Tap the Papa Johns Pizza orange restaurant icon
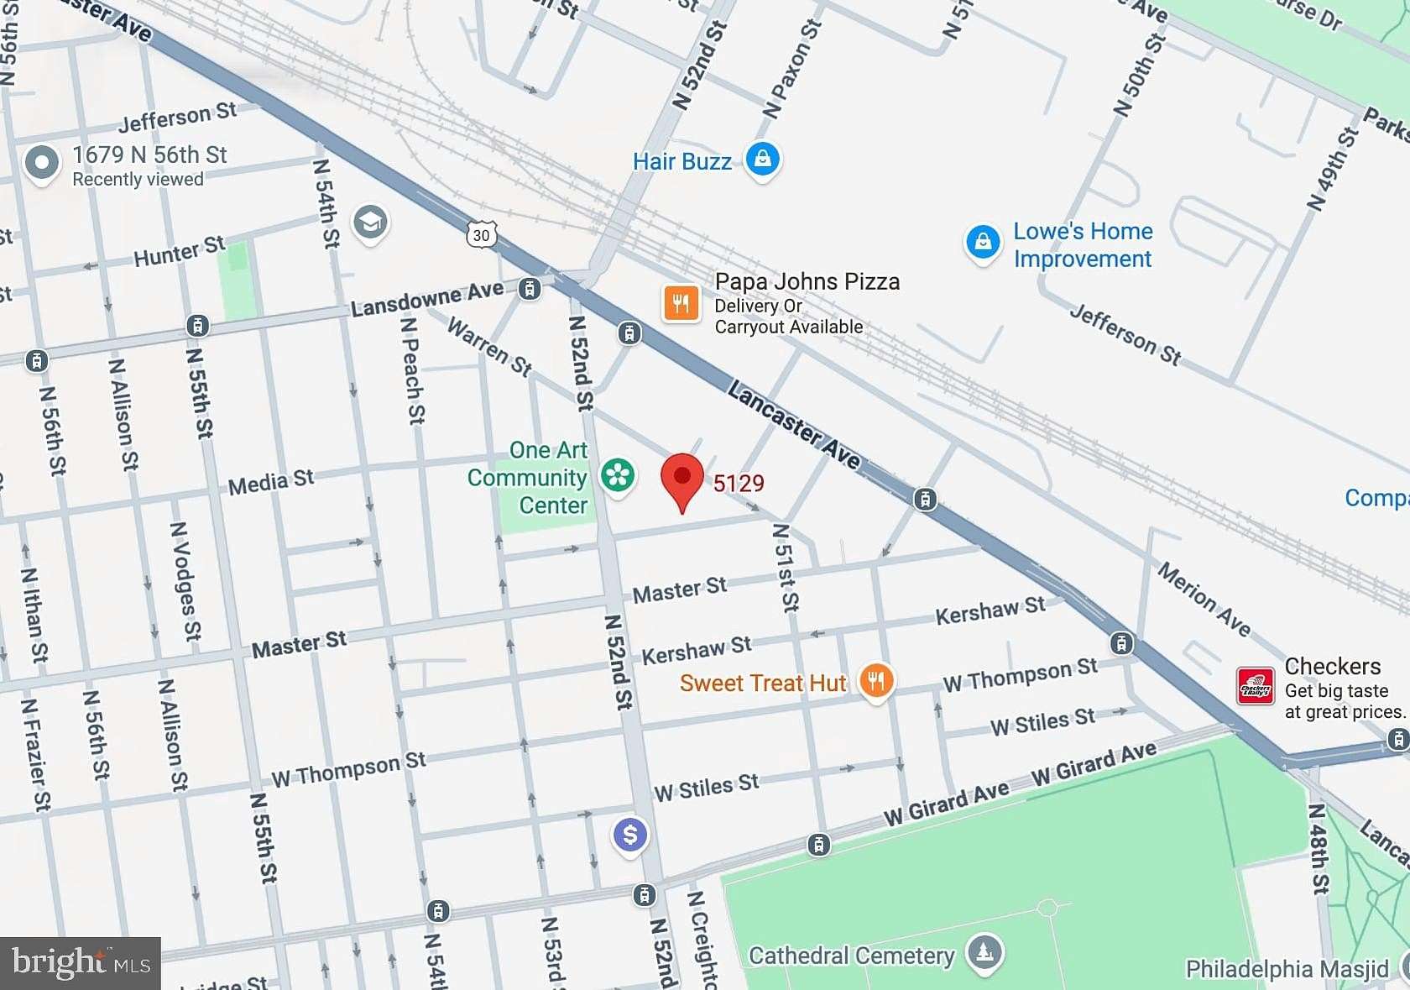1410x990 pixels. (681, 303)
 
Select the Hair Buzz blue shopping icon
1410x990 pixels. (762, 158)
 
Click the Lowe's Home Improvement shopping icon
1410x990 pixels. (983, 243)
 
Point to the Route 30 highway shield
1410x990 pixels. (481, 235)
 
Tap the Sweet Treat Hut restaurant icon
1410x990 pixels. (875, 681)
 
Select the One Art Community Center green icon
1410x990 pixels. (618, 475)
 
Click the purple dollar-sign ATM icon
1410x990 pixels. (630, 835)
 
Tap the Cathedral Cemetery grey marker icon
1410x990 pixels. (984, 952)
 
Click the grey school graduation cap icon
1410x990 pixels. (370, 223)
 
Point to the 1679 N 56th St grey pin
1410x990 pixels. (41, 163)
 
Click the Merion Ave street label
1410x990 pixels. (1204, 600)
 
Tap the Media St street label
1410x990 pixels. (270, 482)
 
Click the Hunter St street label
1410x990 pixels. (180, 251)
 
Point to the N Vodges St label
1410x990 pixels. (186, 580)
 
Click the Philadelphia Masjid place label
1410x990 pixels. (1286, 969)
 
